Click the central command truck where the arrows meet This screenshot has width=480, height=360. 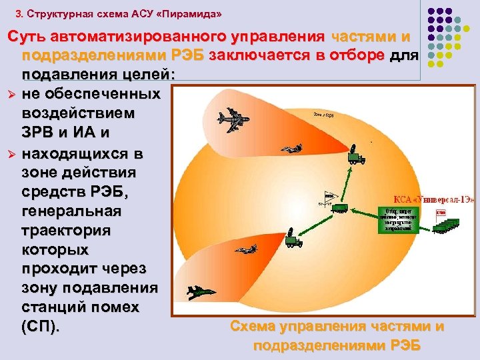coord(340,207)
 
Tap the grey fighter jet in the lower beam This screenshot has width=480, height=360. coord(245,249)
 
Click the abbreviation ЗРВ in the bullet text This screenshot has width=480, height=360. coord(41,134)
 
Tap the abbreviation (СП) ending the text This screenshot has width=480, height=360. coord(40,327)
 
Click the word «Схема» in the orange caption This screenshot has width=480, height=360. coord(257,327)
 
